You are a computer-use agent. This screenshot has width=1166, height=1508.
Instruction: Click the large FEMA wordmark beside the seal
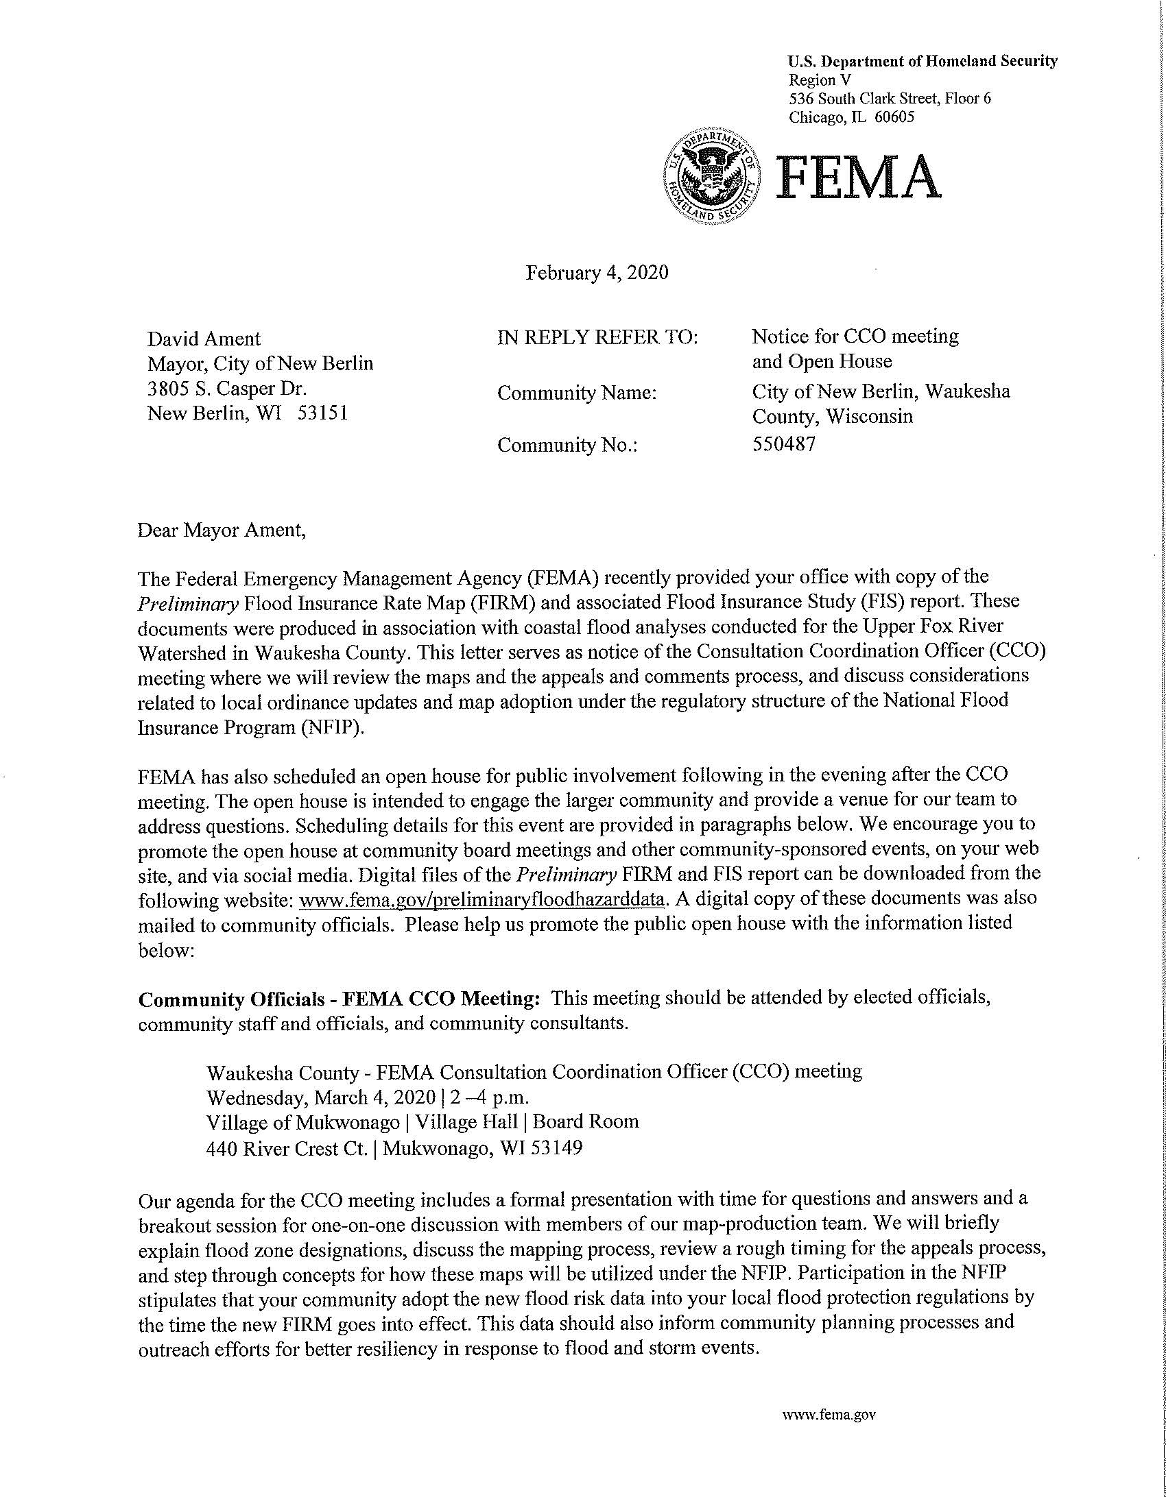[x=858, y=176]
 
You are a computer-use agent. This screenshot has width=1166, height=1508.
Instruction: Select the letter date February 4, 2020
[x=597, y=273]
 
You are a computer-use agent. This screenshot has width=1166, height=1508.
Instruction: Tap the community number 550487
[x=783, y=443]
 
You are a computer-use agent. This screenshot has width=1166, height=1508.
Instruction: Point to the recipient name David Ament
[x=204, y=339]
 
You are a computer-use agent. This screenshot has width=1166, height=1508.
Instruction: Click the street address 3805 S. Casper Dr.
[x=226, y=388]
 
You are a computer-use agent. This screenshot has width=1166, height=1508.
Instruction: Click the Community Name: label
[x=576, y=393]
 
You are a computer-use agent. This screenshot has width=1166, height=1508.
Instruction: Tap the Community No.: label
[x=567, y=446]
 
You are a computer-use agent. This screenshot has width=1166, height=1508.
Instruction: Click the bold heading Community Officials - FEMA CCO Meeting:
[x=338, y=999]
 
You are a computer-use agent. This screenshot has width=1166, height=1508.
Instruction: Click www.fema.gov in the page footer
[x=829, y=1414]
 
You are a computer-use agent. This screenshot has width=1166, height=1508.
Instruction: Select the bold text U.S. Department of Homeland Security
[x=923, y=62]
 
